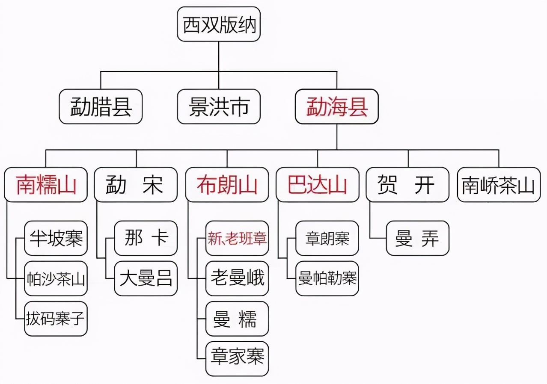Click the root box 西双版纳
(x=219, y=24)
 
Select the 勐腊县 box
(x=101, y=106)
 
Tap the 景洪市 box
(x=219, y=106)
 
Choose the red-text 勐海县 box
(x=337, y=106)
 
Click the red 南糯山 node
(x=46, y=185)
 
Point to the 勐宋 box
(x=136, y=185)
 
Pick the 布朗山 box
(x=227, y=185)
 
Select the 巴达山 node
(x=317, y=185)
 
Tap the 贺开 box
(x=407, y=185)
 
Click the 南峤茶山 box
(x=499, y=185)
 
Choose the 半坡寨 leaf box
(x=56, y=238)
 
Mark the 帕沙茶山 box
(x=56, y=279)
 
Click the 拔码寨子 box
(x=56, y=319)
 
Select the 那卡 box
(x=146, y=238)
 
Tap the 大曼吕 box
(x=146, y=279)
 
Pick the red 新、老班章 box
(x=237, y=238)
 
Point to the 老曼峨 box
(x=237, y=279)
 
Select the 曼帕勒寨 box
(x=327, y=279)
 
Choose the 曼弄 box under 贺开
(x=417, y=238)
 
